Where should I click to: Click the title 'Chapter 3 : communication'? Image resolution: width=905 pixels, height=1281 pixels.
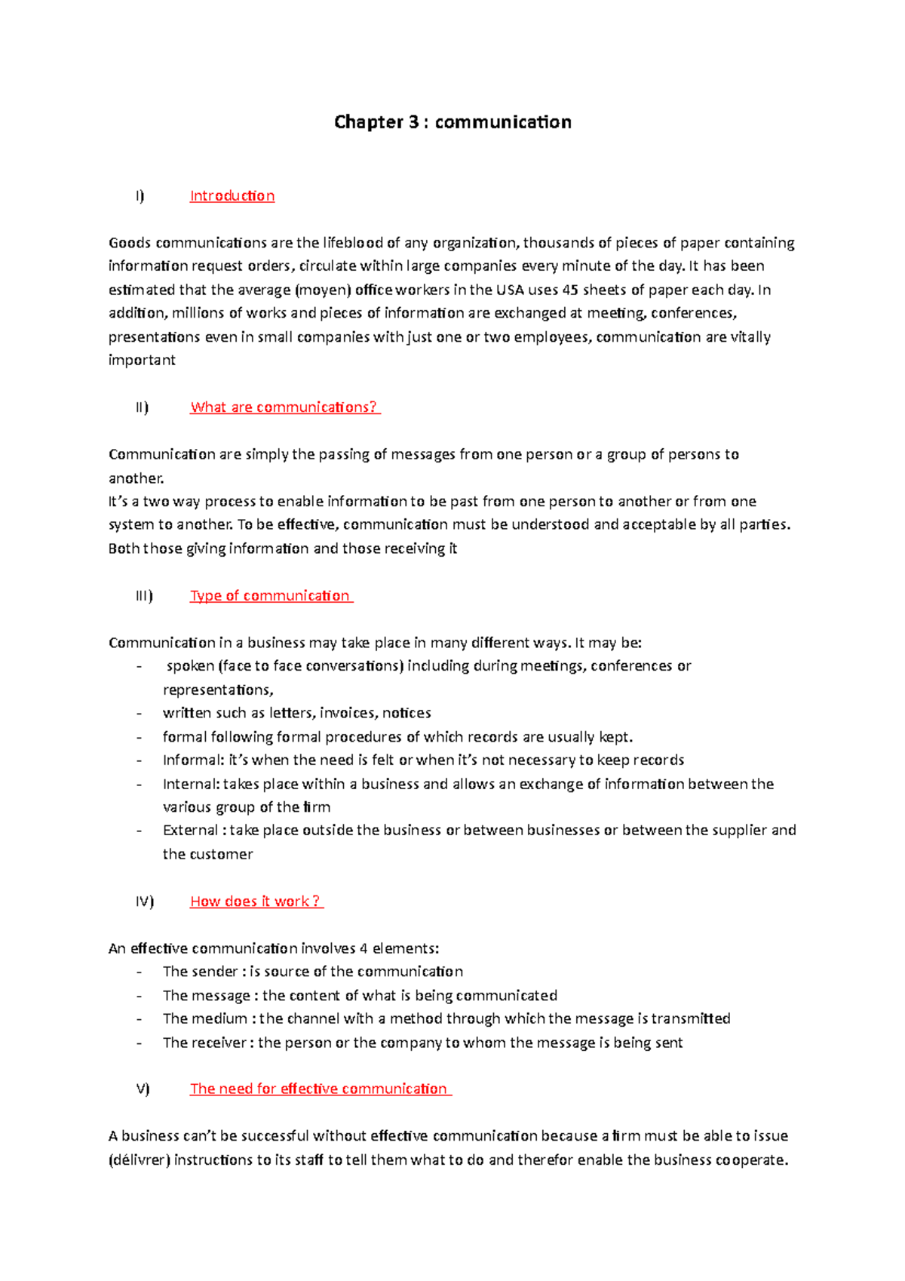coord(452,122)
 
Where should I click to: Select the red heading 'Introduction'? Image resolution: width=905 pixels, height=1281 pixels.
coord(232,196)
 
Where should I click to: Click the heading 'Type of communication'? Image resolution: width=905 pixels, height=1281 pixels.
coord(270,596)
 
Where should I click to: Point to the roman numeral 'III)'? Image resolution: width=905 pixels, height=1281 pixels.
coord(144,596)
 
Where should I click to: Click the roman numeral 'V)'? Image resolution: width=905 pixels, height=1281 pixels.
coord(143,1089)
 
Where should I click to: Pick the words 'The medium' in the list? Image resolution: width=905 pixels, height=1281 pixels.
coord(204,1019)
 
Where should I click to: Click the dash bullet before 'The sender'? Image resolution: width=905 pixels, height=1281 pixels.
coord(139,972)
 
